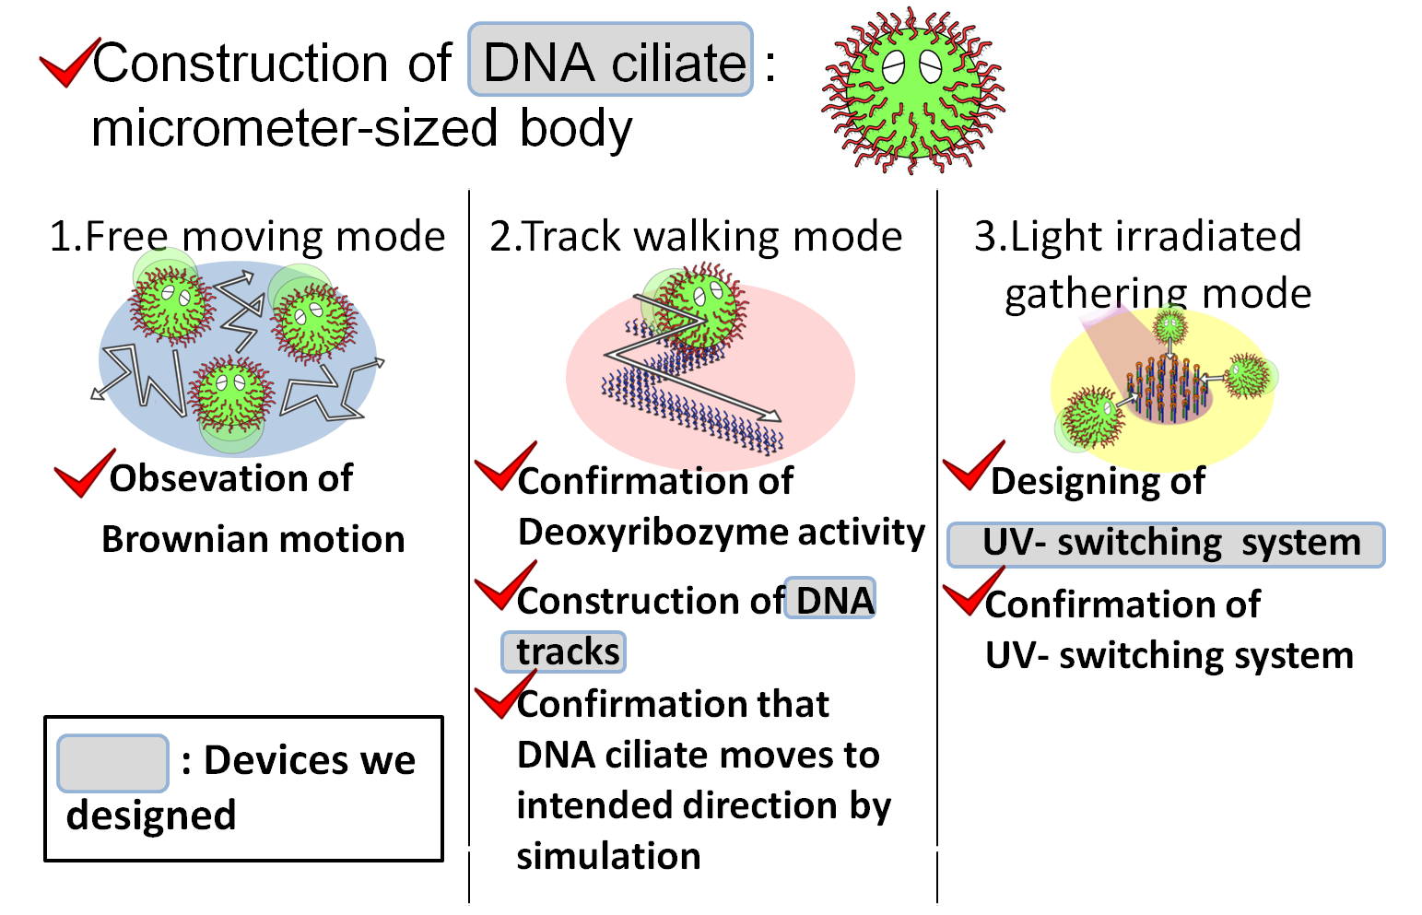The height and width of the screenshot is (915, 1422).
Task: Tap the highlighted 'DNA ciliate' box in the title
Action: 612,61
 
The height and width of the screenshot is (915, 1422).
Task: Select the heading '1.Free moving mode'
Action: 247,236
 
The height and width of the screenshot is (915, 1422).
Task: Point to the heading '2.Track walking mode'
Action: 696,236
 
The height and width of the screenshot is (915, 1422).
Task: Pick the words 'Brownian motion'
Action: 253,539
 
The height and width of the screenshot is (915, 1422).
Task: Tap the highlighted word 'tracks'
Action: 564,651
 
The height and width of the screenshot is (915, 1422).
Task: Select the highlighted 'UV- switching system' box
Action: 1167,544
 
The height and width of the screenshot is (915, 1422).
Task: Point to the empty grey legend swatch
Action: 112,763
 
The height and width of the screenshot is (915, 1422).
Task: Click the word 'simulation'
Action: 608,856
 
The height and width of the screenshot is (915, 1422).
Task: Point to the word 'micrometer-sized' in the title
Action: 295,128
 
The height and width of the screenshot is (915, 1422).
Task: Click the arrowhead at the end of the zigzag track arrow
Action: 772,416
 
